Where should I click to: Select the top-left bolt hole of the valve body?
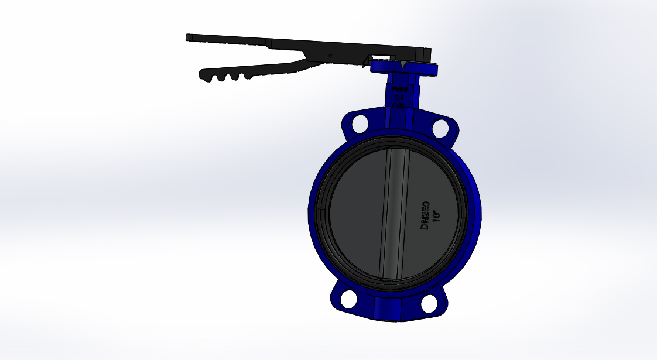pos(359,123)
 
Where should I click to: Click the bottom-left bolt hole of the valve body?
pos(350,298)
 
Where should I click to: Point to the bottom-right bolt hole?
pos(429,303)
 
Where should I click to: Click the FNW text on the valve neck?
pos(402,90)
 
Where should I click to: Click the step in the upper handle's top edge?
pos(267,41)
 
